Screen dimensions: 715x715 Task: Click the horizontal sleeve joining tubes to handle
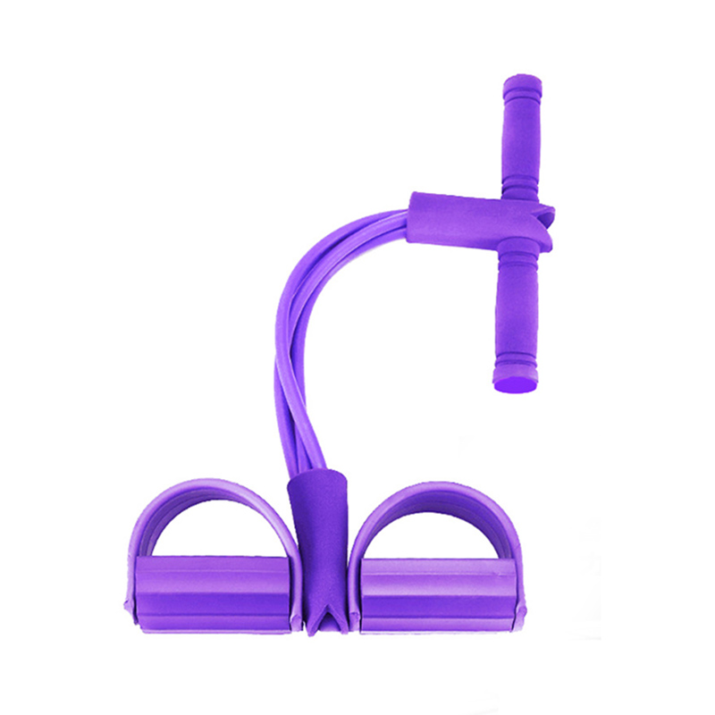[x=465, y=219]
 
